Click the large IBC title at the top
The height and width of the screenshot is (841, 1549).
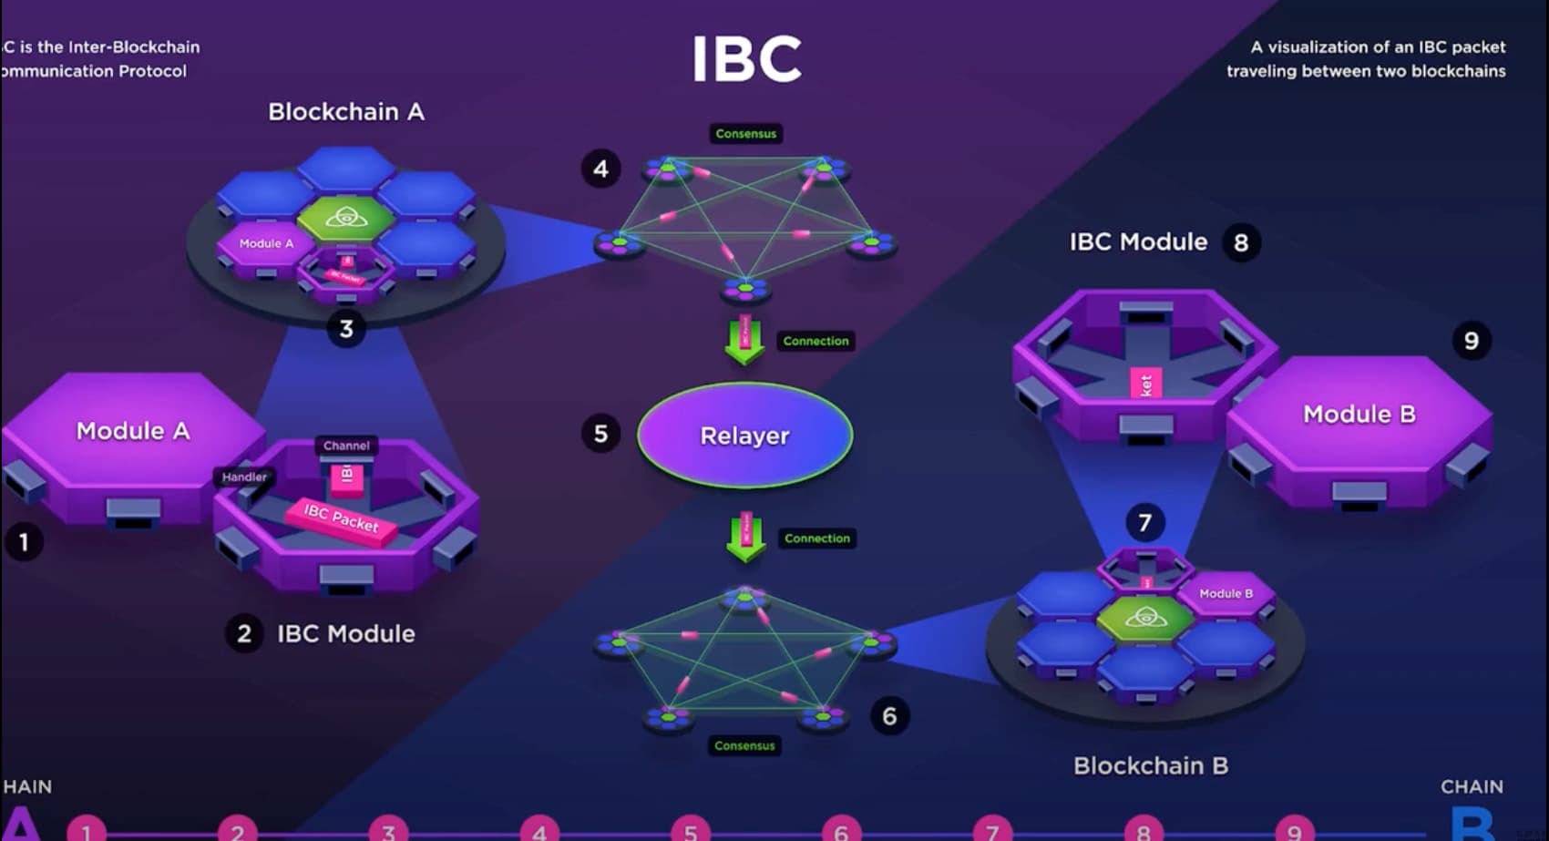click(x=746, y=59)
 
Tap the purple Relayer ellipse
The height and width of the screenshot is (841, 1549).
click(x=744, y=436)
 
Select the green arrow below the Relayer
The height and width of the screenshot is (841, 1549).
click(x=745, y=538)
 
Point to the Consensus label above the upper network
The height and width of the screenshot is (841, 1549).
click(x=745, y=134)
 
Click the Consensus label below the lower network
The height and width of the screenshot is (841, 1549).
click(x=744, y=745)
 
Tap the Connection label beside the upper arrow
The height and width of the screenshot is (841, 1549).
click(x=816, y=341)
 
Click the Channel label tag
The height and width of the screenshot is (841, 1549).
click(x=346, y=446)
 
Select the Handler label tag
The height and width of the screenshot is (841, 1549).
click(x=244, y=477)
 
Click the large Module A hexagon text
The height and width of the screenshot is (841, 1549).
click(x=133, y=431)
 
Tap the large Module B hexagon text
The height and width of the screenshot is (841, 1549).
click(x=1359, y=415)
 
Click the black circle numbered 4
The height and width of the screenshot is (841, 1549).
click(x=600, y=169)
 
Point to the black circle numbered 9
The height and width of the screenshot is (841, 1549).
click(x=1471, y=341)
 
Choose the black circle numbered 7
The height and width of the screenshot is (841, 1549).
click(x=1144, y=523)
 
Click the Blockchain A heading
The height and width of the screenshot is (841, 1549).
click(x=345, y=112)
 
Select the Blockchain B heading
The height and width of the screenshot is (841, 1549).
click(x=1150, y=765)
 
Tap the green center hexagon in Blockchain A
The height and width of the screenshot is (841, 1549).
click(x=345, y=217)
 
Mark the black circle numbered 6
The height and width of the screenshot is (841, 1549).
click(x=889, y=716)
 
